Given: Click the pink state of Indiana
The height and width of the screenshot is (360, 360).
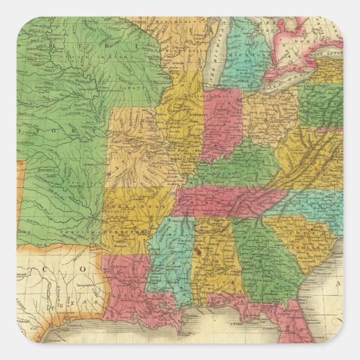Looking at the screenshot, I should [221, 123].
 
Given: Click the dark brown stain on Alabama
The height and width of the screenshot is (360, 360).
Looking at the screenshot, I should [197, 252].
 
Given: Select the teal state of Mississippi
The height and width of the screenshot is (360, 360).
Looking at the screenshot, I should [170, 252].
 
